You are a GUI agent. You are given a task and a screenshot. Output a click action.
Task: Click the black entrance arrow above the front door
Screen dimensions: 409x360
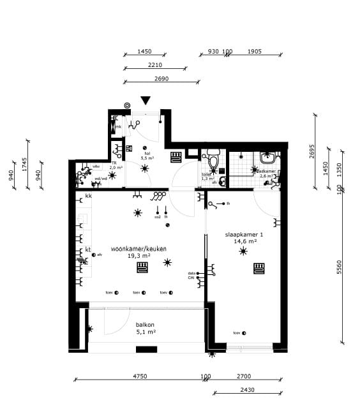pyautogui.click(x=146, y=100)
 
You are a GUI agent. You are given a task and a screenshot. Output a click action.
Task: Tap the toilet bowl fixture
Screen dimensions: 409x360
pyautogui.click(x=213, y=158)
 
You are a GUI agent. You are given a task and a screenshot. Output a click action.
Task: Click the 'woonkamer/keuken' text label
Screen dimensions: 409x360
pyautogui.click(x=139, y=248)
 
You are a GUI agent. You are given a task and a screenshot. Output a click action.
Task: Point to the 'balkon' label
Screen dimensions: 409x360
pyautogui.click(x=146, y=324)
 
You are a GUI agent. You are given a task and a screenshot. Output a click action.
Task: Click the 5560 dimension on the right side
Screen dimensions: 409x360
pyautogui.click(x=340, y=269)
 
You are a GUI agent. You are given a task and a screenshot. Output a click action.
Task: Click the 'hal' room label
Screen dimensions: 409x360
pyautogui.click(x=147, y=153)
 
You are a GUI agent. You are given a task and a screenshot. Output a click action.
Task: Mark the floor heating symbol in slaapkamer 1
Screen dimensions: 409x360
pyautogui.click(x=260, y=268)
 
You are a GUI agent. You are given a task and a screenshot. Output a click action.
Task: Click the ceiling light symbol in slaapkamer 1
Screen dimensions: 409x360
pyautogui.click(x=243, y=251)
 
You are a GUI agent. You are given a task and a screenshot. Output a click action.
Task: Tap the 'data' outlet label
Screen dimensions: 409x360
pyautogui.click(x=191, y=273)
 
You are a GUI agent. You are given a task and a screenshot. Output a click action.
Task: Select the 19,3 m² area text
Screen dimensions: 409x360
pyautogui.click(x=139, y=255)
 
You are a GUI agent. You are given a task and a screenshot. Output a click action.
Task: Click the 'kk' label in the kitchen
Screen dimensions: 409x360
pyautogui.click(x=88, y=195)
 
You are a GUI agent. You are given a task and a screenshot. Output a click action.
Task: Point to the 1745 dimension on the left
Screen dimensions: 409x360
pyautogui.click(x=24, y=164)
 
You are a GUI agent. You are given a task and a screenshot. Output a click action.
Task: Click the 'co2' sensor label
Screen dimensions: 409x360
pyautogui.click(x=157, y=218)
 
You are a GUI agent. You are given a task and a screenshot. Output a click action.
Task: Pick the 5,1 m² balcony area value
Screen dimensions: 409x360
pyautogui.click(x=146, y=332)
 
